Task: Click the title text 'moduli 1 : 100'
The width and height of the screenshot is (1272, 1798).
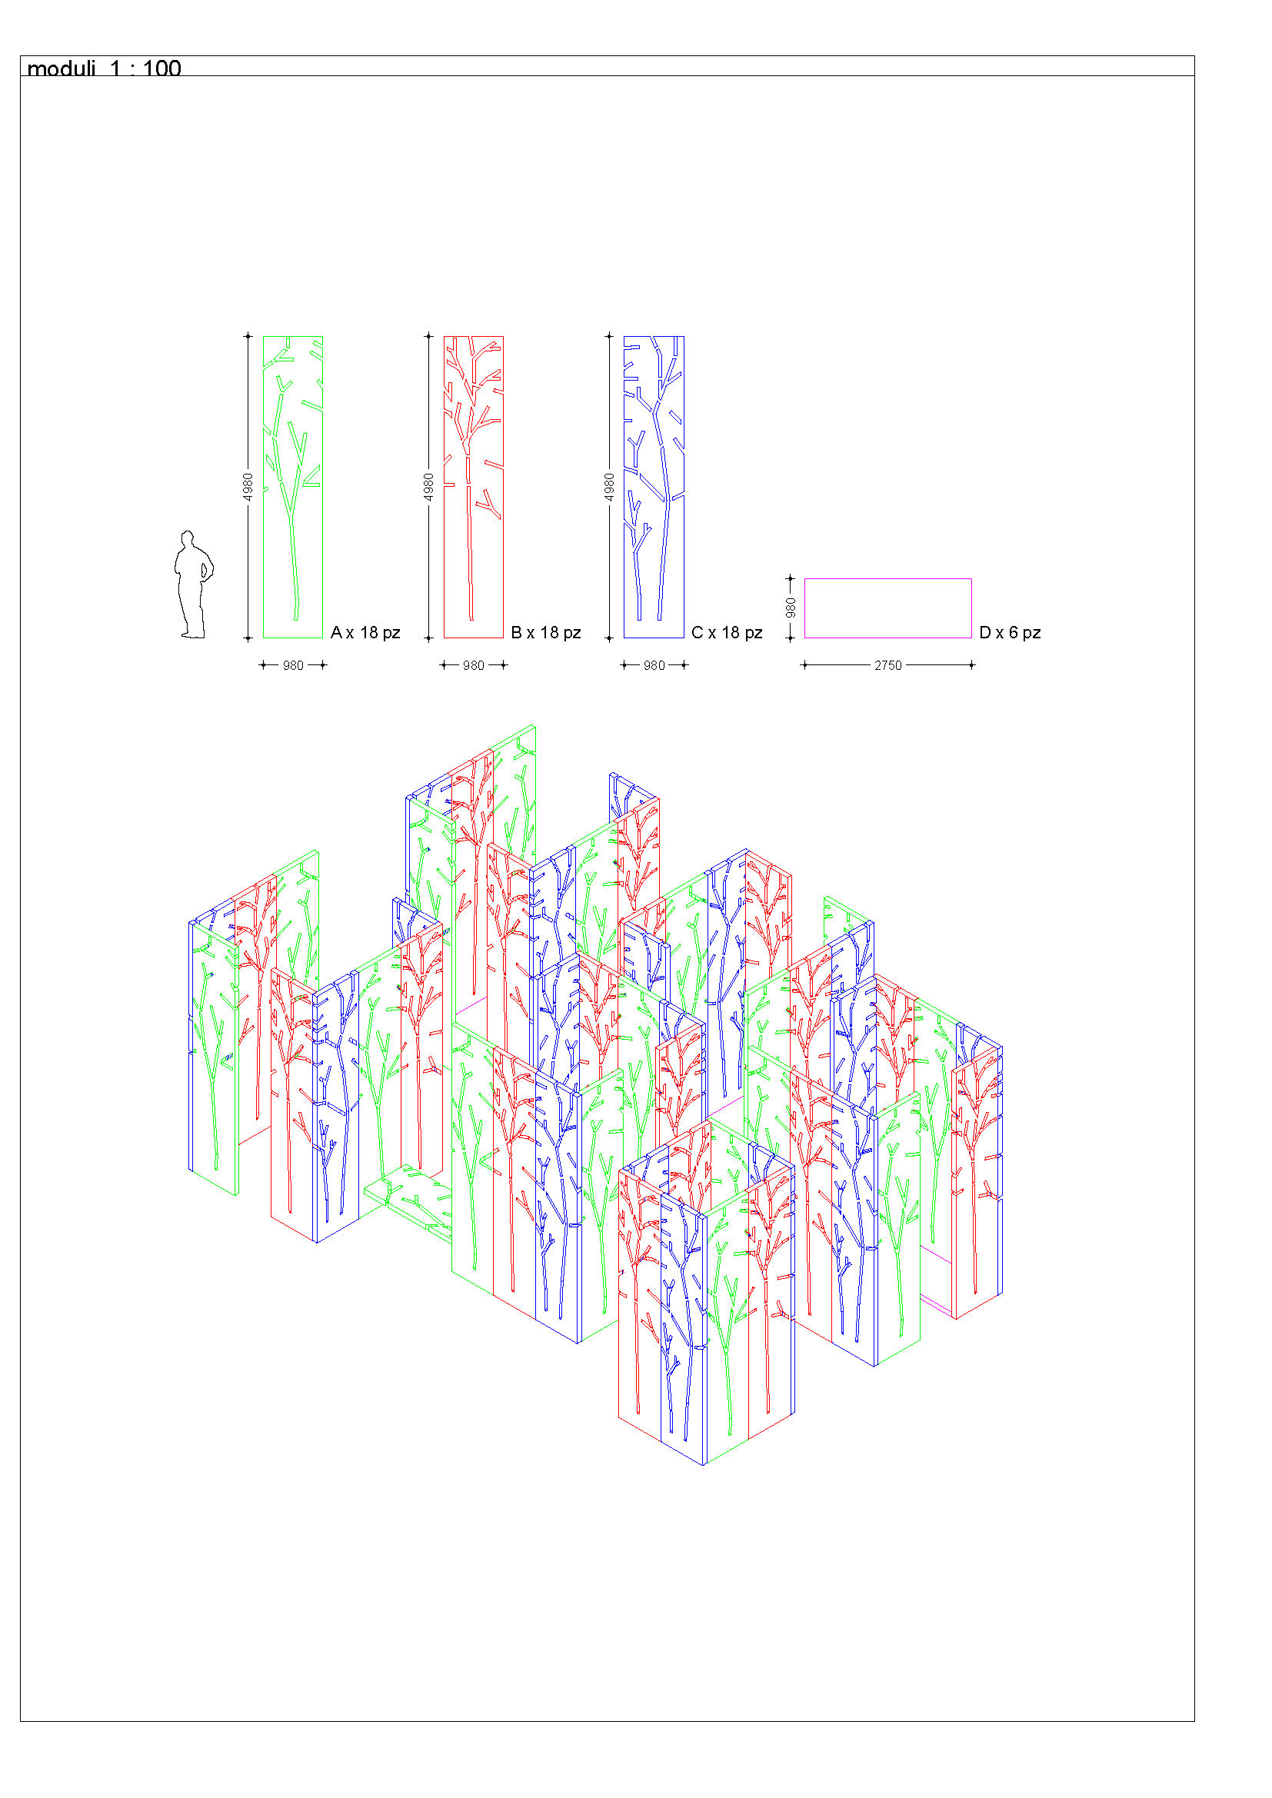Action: [x=104, y=68]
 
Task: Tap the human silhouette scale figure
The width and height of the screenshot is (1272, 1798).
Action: [x=194, y=585]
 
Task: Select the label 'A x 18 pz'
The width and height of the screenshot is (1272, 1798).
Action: [x=365, y=633]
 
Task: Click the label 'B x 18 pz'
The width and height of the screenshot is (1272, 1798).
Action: [x=546, y=633]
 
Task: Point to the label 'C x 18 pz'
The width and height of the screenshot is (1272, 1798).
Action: [x=727, y=633]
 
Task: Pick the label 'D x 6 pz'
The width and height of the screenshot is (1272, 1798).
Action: [x=1010, y=633]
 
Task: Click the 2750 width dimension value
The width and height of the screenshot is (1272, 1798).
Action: [x=888, y=666]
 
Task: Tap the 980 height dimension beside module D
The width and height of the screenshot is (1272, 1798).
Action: [x=791, y=608]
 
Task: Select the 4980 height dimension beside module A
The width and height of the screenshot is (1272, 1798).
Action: [x=248, y=487]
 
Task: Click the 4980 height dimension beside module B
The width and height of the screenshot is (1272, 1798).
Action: [x=428, y=487]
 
